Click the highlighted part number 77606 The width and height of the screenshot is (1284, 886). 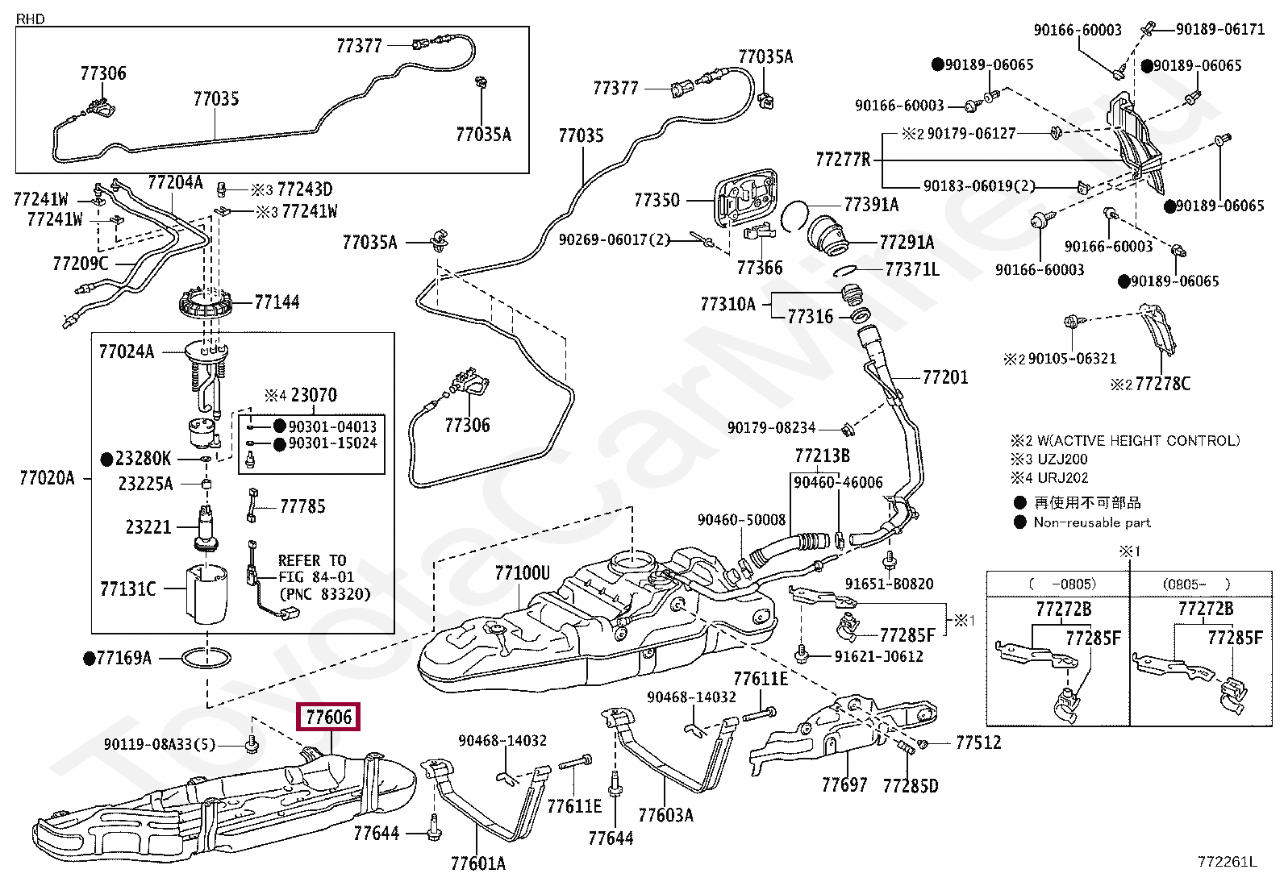[328, 717]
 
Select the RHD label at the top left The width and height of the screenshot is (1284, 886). [31, 19]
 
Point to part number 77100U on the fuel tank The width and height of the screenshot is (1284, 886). [522, 572]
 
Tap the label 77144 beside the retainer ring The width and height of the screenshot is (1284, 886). [277, 302]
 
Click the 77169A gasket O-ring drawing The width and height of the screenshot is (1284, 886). [206, 658]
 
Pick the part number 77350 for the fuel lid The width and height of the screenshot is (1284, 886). [657, 200]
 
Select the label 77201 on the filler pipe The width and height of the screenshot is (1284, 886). [945, 377]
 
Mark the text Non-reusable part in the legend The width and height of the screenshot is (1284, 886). [1092, 522]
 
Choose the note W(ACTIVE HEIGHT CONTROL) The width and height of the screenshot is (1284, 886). [1138, 440]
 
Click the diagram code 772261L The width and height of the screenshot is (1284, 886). [1227, 862]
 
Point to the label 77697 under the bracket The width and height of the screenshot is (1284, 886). [844, 784]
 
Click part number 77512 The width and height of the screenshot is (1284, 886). [978, 742]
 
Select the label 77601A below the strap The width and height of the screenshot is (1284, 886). [478, 863]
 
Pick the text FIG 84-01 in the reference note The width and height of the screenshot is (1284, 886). [316, 576]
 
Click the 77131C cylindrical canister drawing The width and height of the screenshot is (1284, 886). [206, 593]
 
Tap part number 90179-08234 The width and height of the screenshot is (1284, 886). [772, 427]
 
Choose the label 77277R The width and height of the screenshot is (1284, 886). [843, 160]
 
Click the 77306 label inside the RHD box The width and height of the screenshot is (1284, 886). [103, 73]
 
